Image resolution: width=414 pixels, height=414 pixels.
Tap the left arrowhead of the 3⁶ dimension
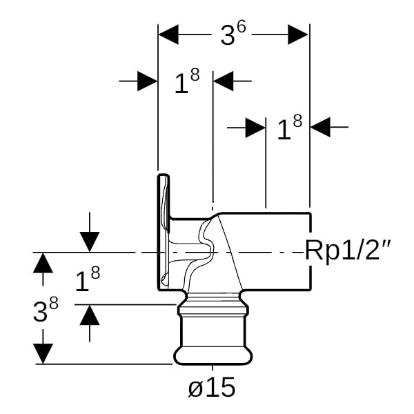pos(168,34)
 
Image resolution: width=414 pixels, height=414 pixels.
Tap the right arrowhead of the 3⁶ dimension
pos(298,34)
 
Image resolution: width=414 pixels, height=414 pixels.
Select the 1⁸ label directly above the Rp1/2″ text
pos(289,128)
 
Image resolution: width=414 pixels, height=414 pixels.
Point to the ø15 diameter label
pos(212,388)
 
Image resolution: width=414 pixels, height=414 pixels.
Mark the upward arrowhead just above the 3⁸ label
pos(43,264)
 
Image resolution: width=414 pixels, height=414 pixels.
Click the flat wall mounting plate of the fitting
pos(164,231)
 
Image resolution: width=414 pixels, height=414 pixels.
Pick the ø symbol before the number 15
pos(196,388)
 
